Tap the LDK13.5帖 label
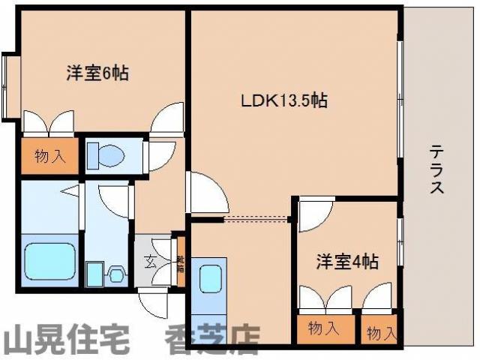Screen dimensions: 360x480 click(283, 100)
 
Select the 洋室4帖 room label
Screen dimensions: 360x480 click(346, 262)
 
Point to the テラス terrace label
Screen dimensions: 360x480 click(436, 170)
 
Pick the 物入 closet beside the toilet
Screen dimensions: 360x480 click(48, 157)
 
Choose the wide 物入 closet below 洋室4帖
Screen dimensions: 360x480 click(323, 328)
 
